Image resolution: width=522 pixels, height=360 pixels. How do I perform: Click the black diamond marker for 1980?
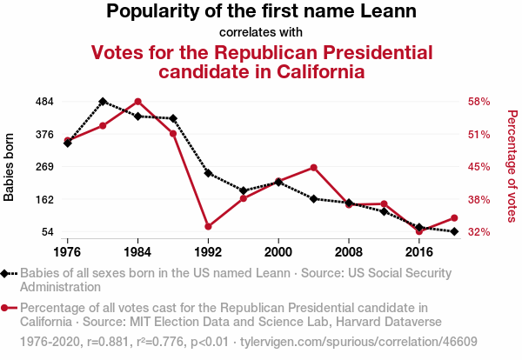click(103, 102)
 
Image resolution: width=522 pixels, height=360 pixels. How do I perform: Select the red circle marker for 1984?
click(137, 102)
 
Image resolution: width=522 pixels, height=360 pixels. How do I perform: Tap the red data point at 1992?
click(208, 227)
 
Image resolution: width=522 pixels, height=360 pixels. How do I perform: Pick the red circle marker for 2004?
click(313, 167)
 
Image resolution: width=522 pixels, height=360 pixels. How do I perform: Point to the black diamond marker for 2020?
click(454, 231)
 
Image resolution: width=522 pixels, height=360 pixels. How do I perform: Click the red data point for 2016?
click(419, 231)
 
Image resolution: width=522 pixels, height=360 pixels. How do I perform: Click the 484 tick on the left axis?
click(44, 102)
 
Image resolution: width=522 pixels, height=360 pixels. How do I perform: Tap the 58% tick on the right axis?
click(479, 102)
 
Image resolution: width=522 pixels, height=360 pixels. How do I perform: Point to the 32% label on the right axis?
click(479, 232)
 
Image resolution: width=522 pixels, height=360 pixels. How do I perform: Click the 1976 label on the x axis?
click(68, 252)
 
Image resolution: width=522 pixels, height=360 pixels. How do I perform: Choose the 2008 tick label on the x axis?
click(349, 252)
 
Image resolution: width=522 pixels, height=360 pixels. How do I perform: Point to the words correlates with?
click(261, 33)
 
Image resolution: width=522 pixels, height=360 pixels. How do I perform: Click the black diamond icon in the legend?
click(9, 272)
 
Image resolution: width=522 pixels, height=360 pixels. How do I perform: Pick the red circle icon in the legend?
click(9, 307)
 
